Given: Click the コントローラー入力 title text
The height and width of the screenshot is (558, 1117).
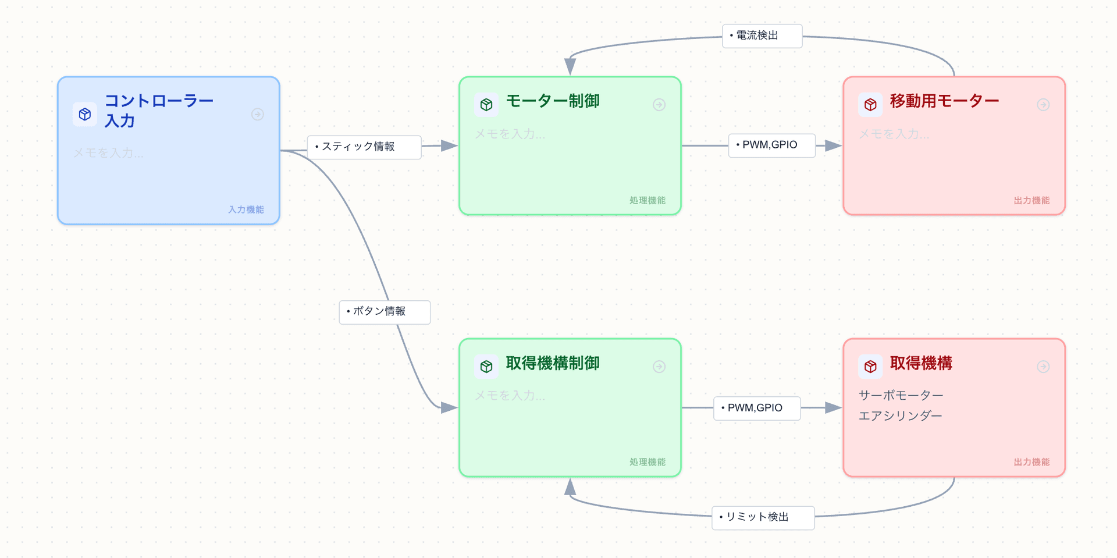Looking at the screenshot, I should pyautogui.click(x=158, y=110).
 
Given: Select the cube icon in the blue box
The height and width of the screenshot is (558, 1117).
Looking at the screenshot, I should pyautogui.click(x=85, y=114).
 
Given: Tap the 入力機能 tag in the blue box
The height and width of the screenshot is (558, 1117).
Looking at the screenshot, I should pyautogui.click(x=246, y=209).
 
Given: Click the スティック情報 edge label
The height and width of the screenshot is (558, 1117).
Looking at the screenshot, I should pyautogui.click(x=364, y=147).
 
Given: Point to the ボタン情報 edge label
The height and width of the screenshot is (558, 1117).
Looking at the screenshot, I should pyautogui.click(x=384, y=312).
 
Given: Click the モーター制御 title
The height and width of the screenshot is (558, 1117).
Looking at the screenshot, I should pyautogui.click(x=552, y=101).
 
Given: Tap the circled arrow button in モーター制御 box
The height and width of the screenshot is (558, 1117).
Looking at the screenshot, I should pyautogui.click(x=659, y=105).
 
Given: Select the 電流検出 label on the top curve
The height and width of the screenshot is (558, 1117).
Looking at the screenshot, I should pyautogui.click(x=762, y=35).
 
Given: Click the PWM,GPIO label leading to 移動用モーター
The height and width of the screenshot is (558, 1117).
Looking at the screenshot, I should pyautogui.click(x=771, y=145).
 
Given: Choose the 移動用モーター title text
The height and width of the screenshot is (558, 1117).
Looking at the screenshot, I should pyautogui.click(x=944, y=101).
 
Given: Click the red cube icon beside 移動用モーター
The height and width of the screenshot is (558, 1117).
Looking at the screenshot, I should pyautogui.click(x=870, y=105).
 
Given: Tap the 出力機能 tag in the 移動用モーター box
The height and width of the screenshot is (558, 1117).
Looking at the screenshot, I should pyautogui.click(x=1031, y=200).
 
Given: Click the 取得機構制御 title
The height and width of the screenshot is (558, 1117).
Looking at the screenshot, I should pyautogui.click(x=552, y=363).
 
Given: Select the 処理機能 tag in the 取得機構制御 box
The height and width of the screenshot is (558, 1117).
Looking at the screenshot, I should pyautogui.click(x=647, y=462).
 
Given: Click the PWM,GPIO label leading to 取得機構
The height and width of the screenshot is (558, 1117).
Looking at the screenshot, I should pyautogui.click(x=756, y=408).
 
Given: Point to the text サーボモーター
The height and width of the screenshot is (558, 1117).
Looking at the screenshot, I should pyautogui.click(x=900, y=396).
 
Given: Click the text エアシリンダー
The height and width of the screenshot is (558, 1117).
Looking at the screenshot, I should pyautogui.click(x=899, y=415).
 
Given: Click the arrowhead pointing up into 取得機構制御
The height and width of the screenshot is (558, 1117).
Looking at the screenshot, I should pyautogui.click(x=570, y=486).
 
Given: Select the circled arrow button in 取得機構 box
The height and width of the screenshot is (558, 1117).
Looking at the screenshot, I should pyautogui.click(x=1043, y=367).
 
